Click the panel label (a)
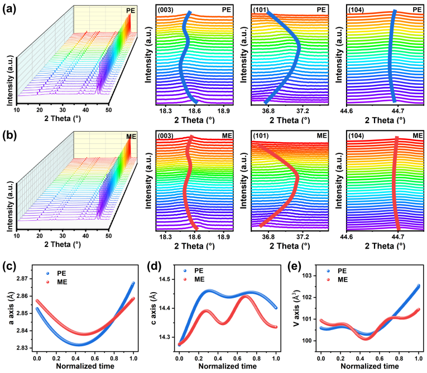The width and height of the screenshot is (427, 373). pos(9,9)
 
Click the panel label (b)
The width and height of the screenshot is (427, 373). pos(9,135)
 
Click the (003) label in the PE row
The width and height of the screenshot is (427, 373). pos(165,10)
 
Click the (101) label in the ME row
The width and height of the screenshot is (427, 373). pos(261,135)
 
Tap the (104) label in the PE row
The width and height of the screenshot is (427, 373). pos(356,10)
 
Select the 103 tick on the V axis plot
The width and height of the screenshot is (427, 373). pos(308,275)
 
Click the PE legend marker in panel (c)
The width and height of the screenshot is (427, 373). pos(48,273)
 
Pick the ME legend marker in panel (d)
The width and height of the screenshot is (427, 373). pos(185,279)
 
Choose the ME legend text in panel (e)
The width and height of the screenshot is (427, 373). pos(343,280)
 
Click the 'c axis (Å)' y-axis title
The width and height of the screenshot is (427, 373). pos(153,308)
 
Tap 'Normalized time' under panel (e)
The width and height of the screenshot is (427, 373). pos(370,366)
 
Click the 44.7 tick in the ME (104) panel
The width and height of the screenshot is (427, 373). pos(398,237)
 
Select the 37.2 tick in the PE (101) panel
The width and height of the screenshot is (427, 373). pos(303,111)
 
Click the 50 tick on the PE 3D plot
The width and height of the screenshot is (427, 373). pos(109,110)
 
